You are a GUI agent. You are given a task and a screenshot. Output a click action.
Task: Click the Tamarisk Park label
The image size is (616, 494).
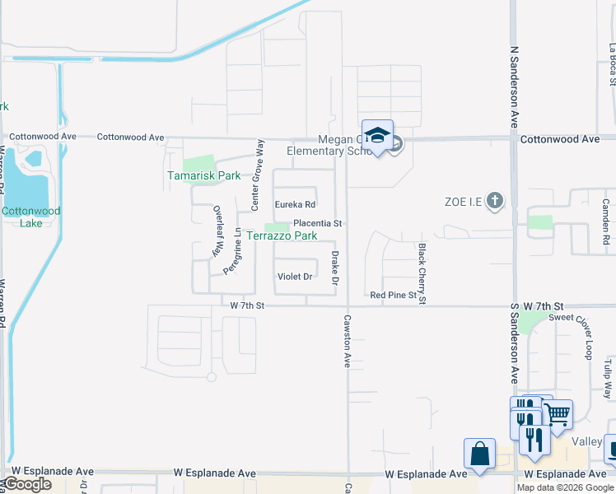[203, 175]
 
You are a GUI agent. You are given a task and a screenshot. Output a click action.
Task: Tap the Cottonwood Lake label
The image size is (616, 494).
[30, 217]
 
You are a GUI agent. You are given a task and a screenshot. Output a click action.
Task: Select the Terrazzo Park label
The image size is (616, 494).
[282, 235]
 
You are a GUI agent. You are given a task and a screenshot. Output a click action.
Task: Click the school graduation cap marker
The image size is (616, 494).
[377, 136]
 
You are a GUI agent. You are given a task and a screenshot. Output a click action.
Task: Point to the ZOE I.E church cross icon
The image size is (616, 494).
[494, 201]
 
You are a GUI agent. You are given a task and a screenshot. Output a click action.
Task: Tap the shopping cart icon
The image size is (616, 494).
[558, 412]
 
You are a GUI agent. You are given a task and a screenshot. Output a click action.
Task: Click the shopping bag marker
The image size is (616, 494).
[479, 454]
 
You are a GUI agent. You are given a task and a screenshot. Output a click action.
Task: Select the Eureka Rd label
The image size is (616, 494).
[295, 204]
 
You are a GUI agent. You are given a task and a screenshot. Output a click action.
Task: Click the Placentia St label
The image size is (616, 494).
[317, 223]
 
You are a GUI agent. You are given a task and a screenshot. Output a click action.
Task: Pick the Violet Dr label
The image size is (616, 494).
[295, 277]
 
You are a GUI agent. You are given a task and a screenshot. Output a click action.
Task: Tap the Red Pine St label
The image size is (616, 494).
[394, 295]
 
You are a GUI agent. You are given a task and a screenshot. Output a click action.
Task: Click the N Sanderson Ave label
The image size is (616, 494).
[515, 86]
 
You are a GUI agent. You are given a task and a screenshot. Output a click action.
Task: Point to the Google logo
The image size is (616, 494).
[27, 484]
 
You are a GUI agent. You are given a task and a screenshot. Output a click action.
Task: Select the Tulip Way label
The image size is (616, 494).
[607, 377]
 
